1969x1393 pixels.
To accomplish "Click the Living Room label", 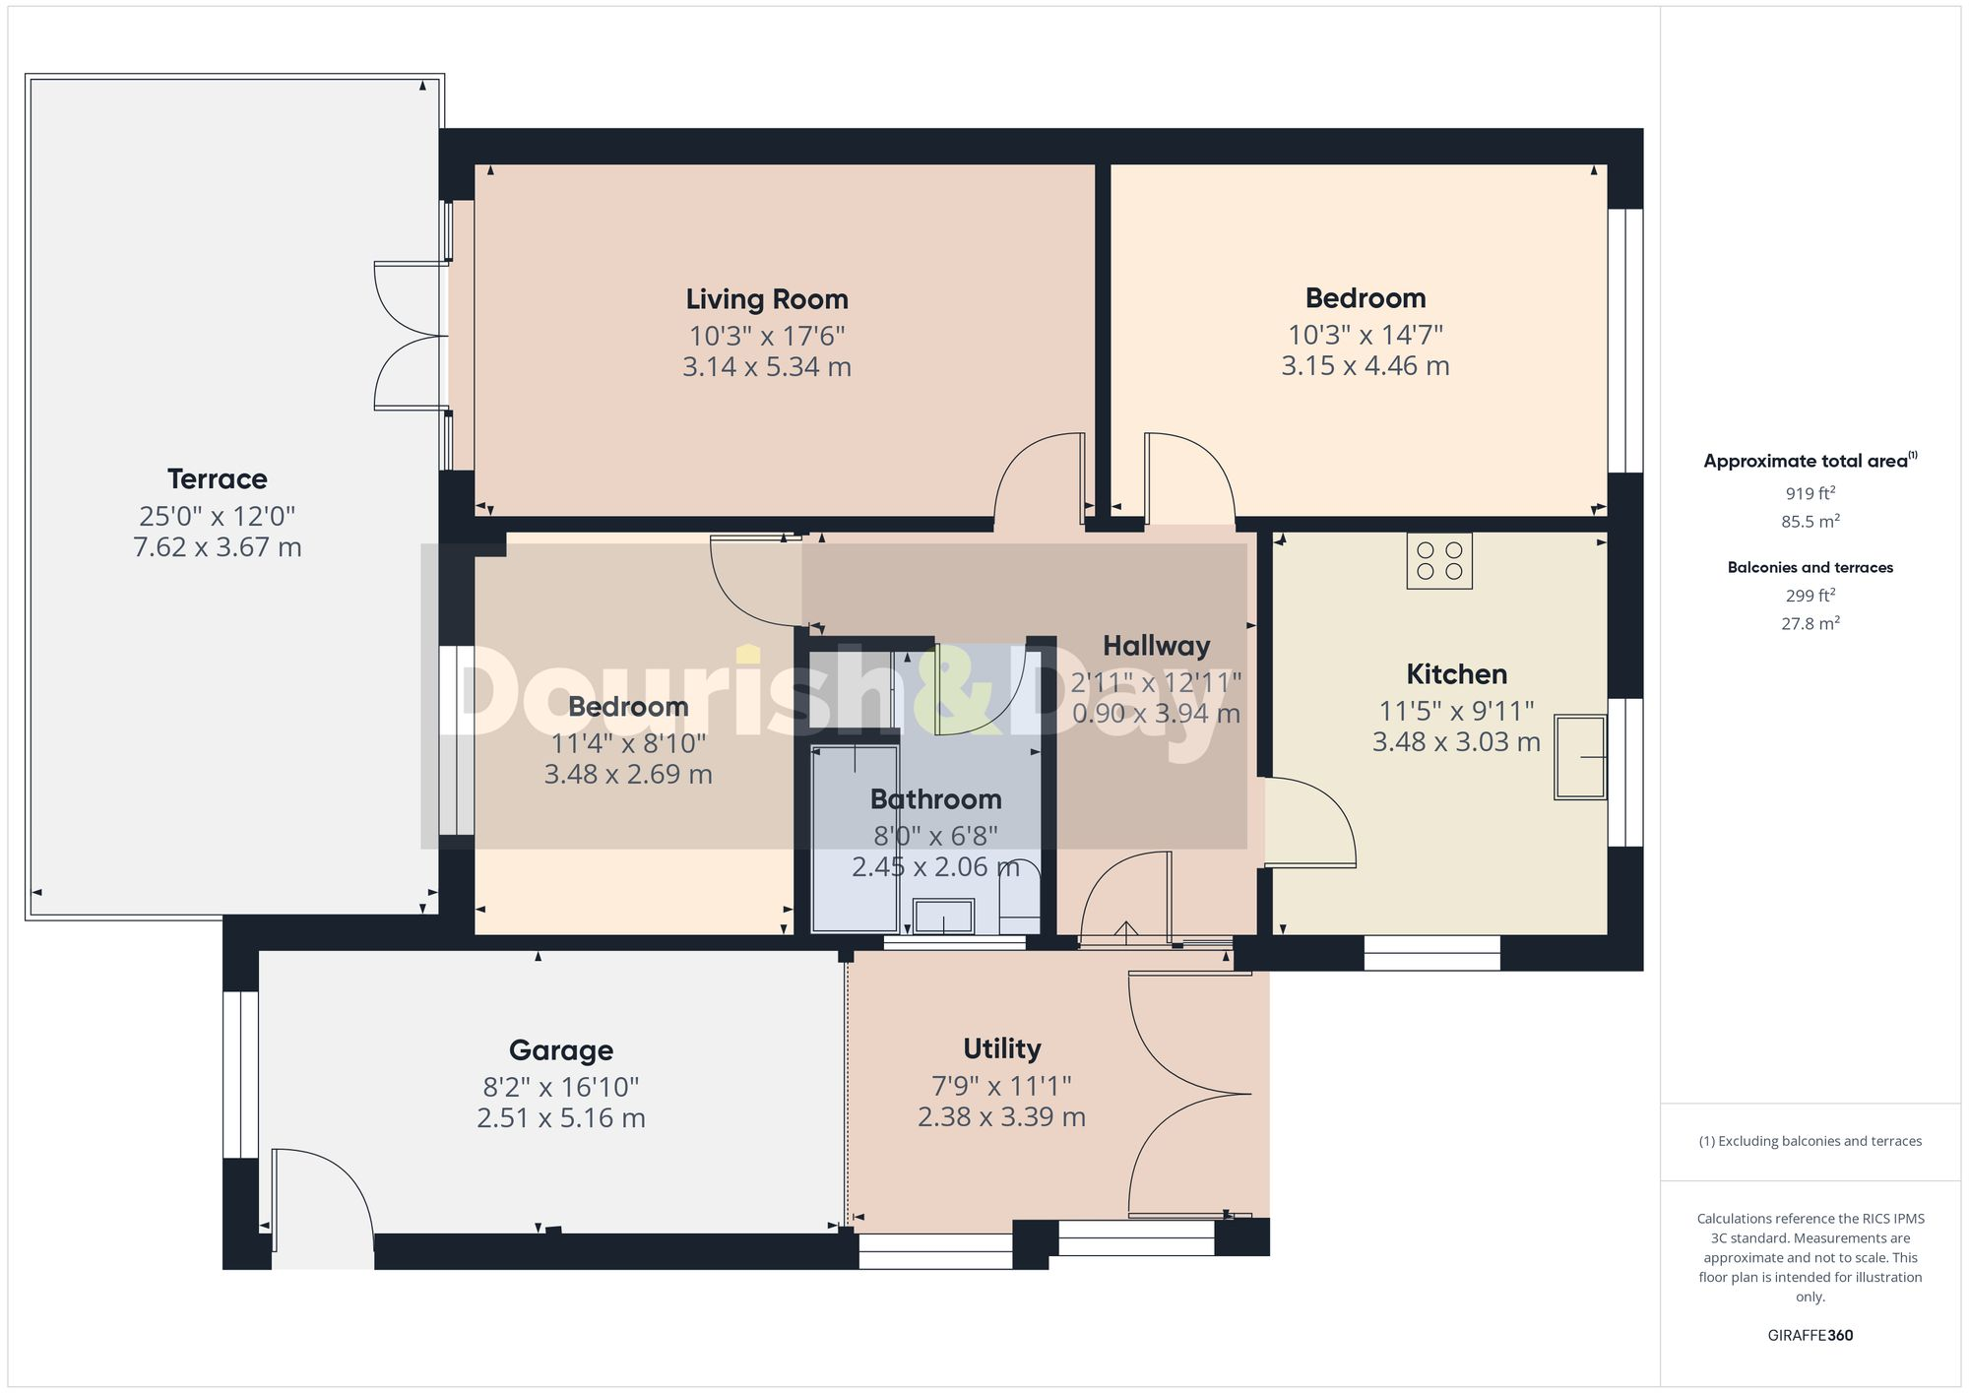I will [x=767, y=299].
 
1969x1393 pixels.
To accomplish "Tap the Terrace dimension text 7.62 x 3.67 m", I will [x=218, y=547].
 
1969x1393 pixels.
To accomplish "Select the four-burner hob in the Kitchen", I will [x=1439, y=561].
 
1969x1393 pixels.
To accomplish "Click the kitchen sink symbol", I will [x=1579, y=756].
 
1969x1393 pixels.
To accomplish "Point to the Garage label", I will [x=561, y=1050].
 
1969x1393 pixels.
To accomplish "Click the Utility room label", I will [x=1001, y=1048].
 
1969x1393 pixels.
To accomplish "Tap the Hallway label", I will [x=1156, y=646].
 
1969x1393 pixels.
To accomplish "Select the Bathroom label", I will [x=935, y=799].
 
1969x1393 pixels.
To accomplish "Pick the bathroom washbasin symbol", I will [x=943, y=917].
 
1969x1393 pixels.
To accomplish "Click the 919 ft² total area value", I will [x=1810, y=494].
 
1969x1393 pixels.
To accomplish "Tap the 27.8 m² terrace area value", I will [x=1810, y=623].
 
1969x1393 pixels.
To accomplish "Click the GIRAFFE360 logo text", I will [x=1810, y=1336].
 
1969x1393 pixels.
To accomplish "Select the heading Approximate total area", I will [x=1809, y=461].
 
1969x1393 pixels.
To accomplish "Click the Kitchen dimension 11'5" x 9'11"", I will [x=1456, y=711].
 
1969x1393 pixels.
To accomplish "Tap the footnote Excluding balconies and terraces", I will [x=1810, y=1142].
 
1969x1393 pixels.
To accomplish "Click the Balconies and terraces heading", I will [x=1810, y=568].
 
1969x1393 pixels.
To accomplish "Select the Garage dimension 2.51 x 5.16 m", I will [x=561, y=1118].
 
